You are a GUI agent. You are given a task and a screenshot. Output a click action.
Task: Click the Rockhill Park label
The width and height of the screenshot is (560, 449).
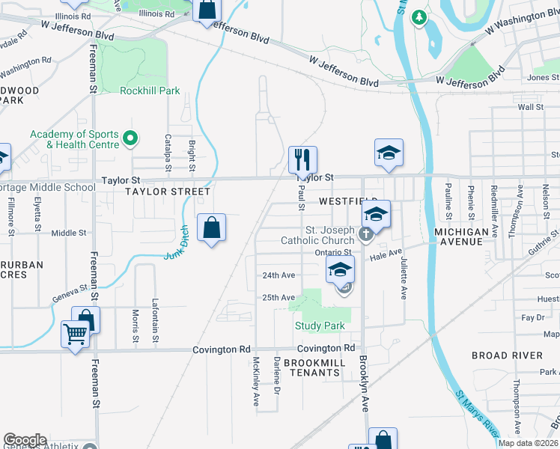pyautogui.click(x=150, y=91)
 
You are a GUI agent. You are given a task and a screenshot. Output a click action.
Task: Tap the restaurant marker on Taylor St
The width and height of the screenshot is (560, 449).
pyautogui.click(x=302, y=159)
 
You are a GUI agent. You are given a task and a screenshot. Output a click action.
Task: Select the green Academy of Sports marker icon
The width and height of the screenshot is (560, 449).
pyautogui.click(x=130, y=138)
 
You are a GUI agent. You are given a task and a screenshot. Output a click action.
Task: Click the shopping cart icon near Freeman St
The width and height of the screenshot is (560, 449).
pyautogui.click(x=76, y=335)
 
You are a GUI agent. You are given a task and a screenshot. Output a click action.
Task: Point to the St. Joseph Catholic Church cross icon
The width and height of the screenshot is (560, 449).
pyautogui.click(x=365, y=234)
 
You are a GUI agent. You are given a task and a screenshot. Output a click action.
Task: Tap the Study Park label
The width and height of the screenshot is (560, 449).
pyautogui.click(x=320, y=326)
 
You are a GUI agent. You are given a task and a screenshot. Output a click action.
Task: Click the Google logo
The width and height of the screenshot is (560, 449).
pyautogui.click(x=25, y=440)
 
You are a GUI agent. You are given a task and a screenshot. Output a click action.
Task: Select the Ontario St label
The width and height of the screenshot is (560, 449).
pyautogui.click(x=333, y=252)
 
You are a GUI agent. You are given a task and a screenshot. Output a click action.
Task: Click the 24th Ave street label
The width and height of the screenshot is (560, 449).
pyautogui.click(x=279, y=275)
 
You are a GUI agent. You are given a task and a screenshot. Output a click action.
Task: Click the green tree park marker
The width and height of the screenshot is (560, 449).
pyautogui.click(x=419, y=16)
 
